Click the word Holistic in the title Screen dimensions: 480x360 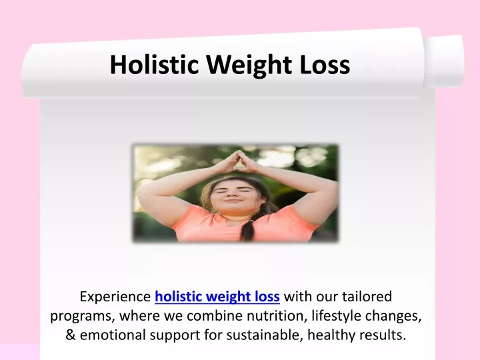[154, 64]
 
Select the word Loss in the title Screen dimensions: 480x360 [325, 65]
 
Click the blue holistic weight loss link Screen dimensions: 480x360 [217, 297]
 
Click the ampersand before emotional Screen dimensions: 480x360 [71, 335]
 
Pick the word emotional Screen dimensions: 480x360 [113, 335]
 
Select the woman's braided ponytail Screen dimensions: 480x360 [249, 229]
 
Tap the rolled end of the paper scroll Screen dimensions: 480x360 [444, 61]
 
